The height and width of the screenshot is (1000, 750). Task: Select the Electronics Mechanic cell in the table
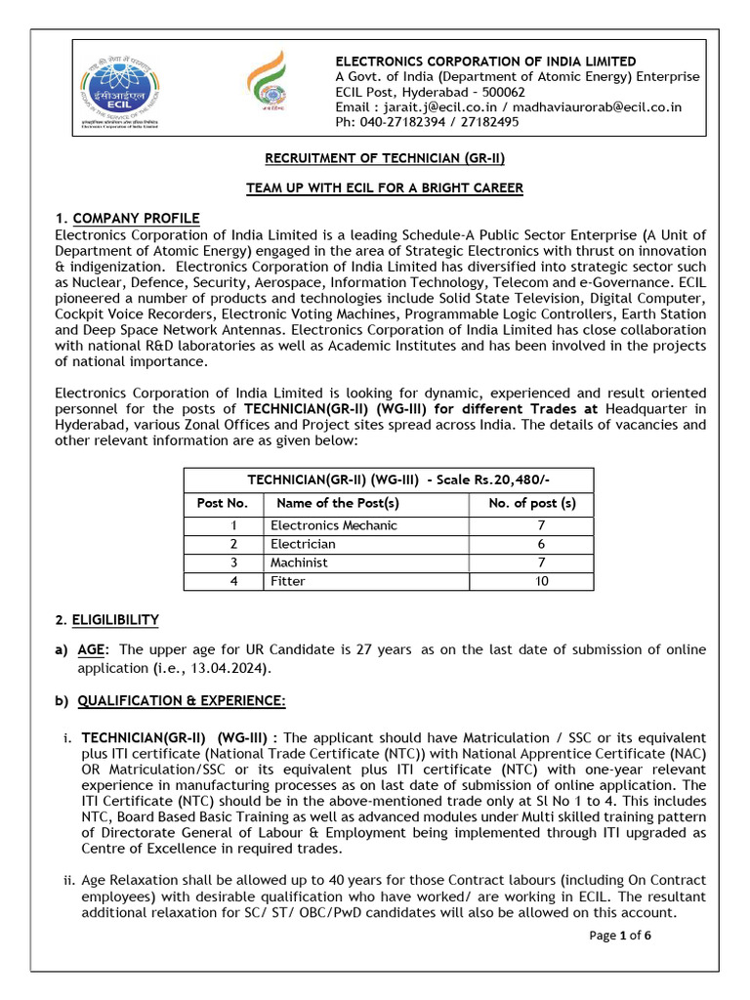click(x=333, y=525)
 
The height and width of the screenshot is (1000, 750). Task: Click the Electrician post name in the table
click(x=303, y=544)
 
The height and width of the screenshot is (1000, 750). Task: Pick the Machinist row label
click(x=299, y=562)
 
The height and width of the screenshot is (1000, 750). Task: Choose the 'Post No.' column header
click(x=223, y=504)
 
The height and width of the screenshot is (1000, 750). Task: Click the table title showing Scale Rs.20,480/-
click(x=388, y=480)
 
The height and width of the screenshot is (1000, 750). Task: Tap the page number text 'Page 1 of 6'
click(x=620, y=936)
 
